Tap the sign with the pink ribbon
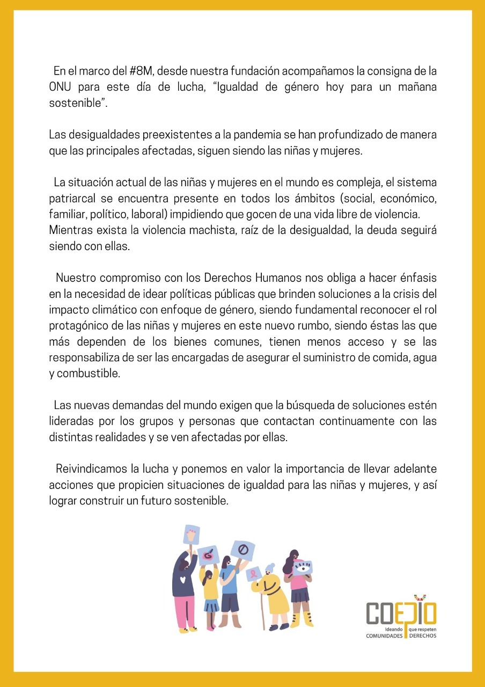(x=253, y=574)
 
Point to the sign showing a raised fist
(x=191, y=535)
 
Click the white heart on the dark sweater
(x=182, y=580)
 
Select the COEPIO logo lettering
(x=401, y=613)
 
